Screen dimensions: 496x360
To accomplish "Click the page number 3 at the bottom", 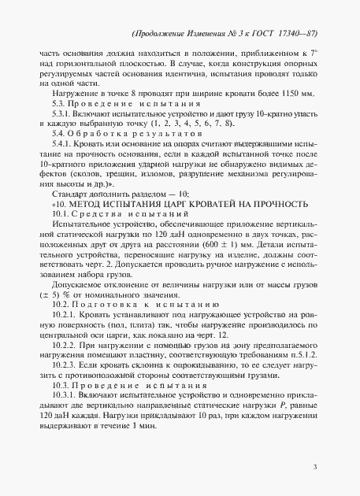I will (314, 468).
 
